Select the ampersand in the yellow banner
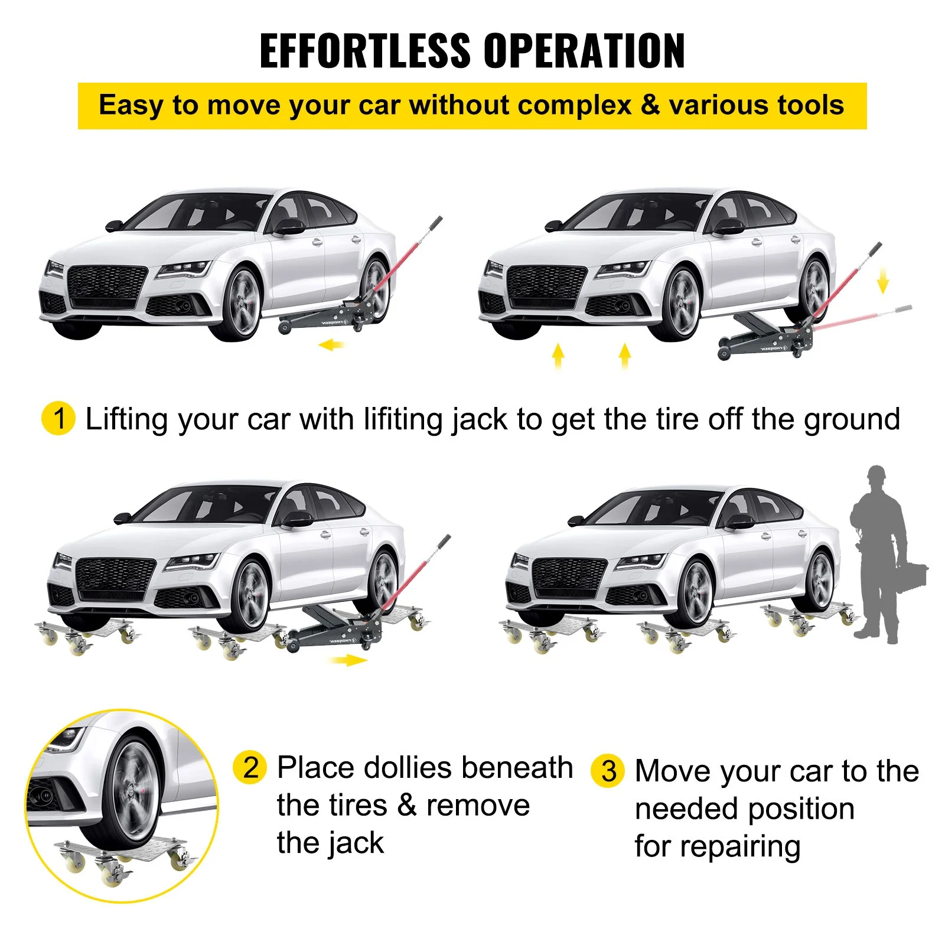coord(650,105)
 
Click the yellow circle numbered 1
coord(58,418)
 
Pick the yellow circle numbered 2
coord(250,767)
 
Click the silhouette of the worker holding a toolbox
coord(880,555)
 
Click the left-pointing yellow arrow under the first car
coord(331,344)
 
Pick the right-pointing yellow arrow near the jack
coord(349,660)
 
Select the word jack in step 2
coord(356,844)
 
